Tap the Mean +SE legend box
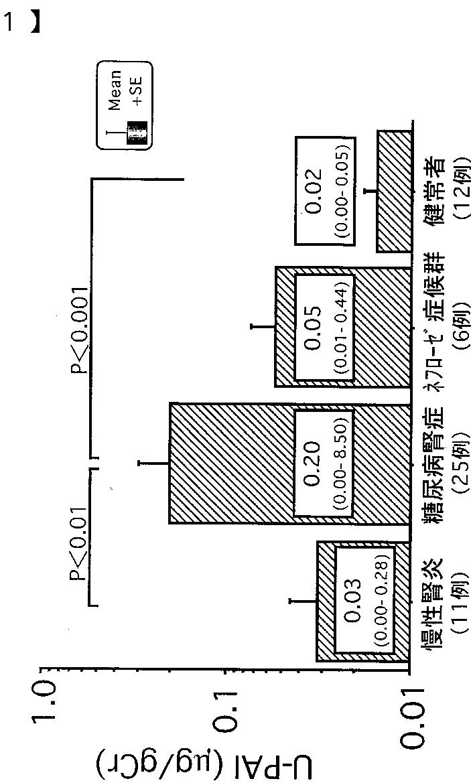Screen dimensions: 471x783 [x=125, y=105]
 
